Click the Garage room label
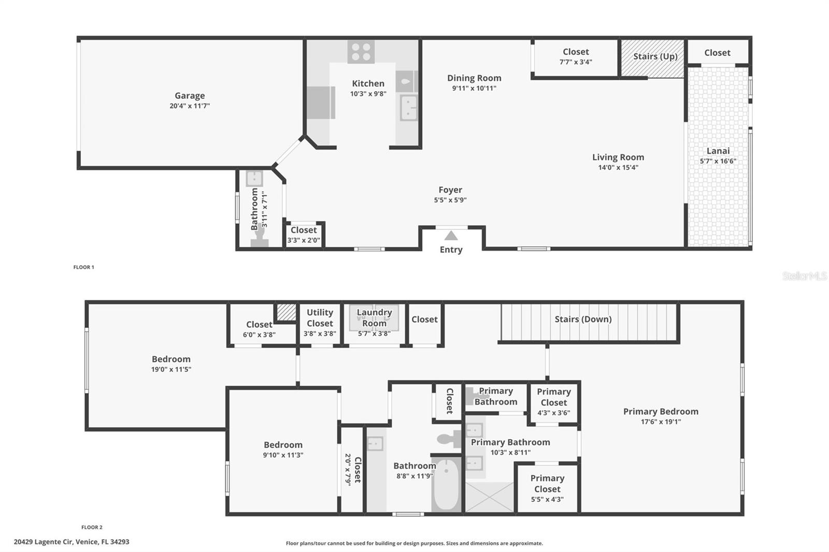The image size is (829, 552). tap(190, 96)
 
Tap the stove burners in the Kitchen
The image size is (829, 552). tap(361, 52)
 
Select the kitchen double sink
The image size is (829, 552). tap(408, 108)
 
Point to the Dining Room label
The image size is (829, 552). tap(474, 78)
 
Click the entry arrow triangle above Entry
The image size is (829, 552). tap(451, 236)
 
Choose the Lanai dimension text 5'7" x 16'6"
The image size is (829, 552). tap(718, 161)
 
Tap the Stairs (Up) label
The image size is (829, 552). tap(655, 56)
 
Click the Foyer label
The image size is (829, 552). tap(450, 190)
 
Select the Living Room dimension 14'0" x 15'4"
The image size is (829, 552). tap(618, 167)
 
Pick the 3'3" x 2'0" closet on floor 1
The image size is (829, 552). tap(304, 235)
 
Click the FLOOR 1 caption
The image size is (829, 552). tap(83, 267)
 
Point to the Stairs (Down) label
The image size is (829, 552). tap(583, 319)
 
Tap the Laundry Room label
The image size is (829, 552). tap(374, 317)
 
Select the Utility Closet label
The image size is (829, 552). tap(320, 317)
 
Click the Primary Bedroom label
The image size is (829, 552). tap(661, 412)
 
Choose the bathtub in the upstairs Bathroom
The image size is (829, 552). tap(446, 484)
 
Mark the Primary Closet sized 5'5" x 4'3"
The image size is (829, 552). tap(547, 488)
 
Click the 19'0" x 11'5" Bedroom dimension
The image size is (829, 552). tap(171, 369)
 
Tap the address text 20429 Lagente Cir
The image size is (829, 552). tap(72, 542)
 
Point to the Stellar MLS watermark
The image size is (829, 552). tap(804, 276)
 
